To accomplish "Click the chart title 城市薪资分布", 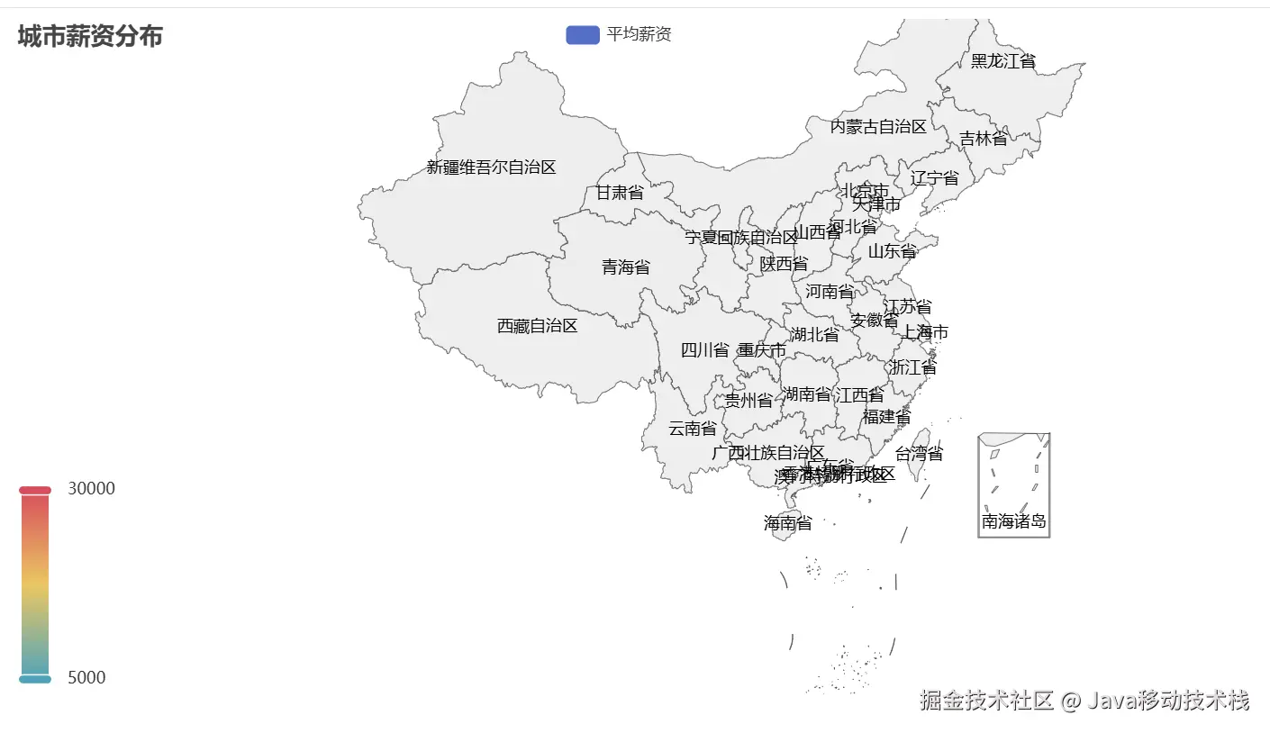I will [x=90, y=37].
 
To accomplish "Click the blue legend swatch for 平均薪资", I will [x=582, y=34].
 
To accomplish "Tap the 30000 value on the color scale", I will [x=91, y=488].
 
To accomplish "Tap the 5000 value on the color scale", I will [x=86, y=677].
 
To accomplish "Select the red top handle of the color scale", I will [x=35, y=490].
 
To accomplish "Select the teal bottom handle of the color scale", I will [x=35, y=679].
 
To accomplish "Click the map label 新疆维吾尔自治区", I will [x=491, y=167].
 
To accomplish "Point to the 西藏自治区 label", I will [x=537, y=326].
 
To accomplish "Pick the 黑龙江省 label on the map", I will [x=1002, y=61].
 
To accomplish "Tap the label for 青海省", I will [x=625, y=267].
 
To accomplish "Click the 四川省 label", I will [x=704, y=350].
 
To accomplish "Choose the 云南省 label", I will [x=692, y=428].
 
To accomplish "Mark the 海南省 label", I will [x=787, y=522].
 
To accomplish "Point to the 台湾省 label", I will [x=919, y=453].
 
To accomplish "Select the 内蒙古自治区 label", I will [x=878, y=126].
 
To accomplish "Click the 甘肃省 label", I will [x=620, y=193].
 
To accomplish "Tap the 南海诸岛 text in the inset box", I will [x=1013, y=521].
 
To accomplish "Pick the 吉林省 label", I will [x=983, y=139].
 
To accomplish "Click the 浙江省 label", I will [x=912, y=367].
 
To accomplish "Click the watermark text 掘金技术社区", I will [x=986, y=701].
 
